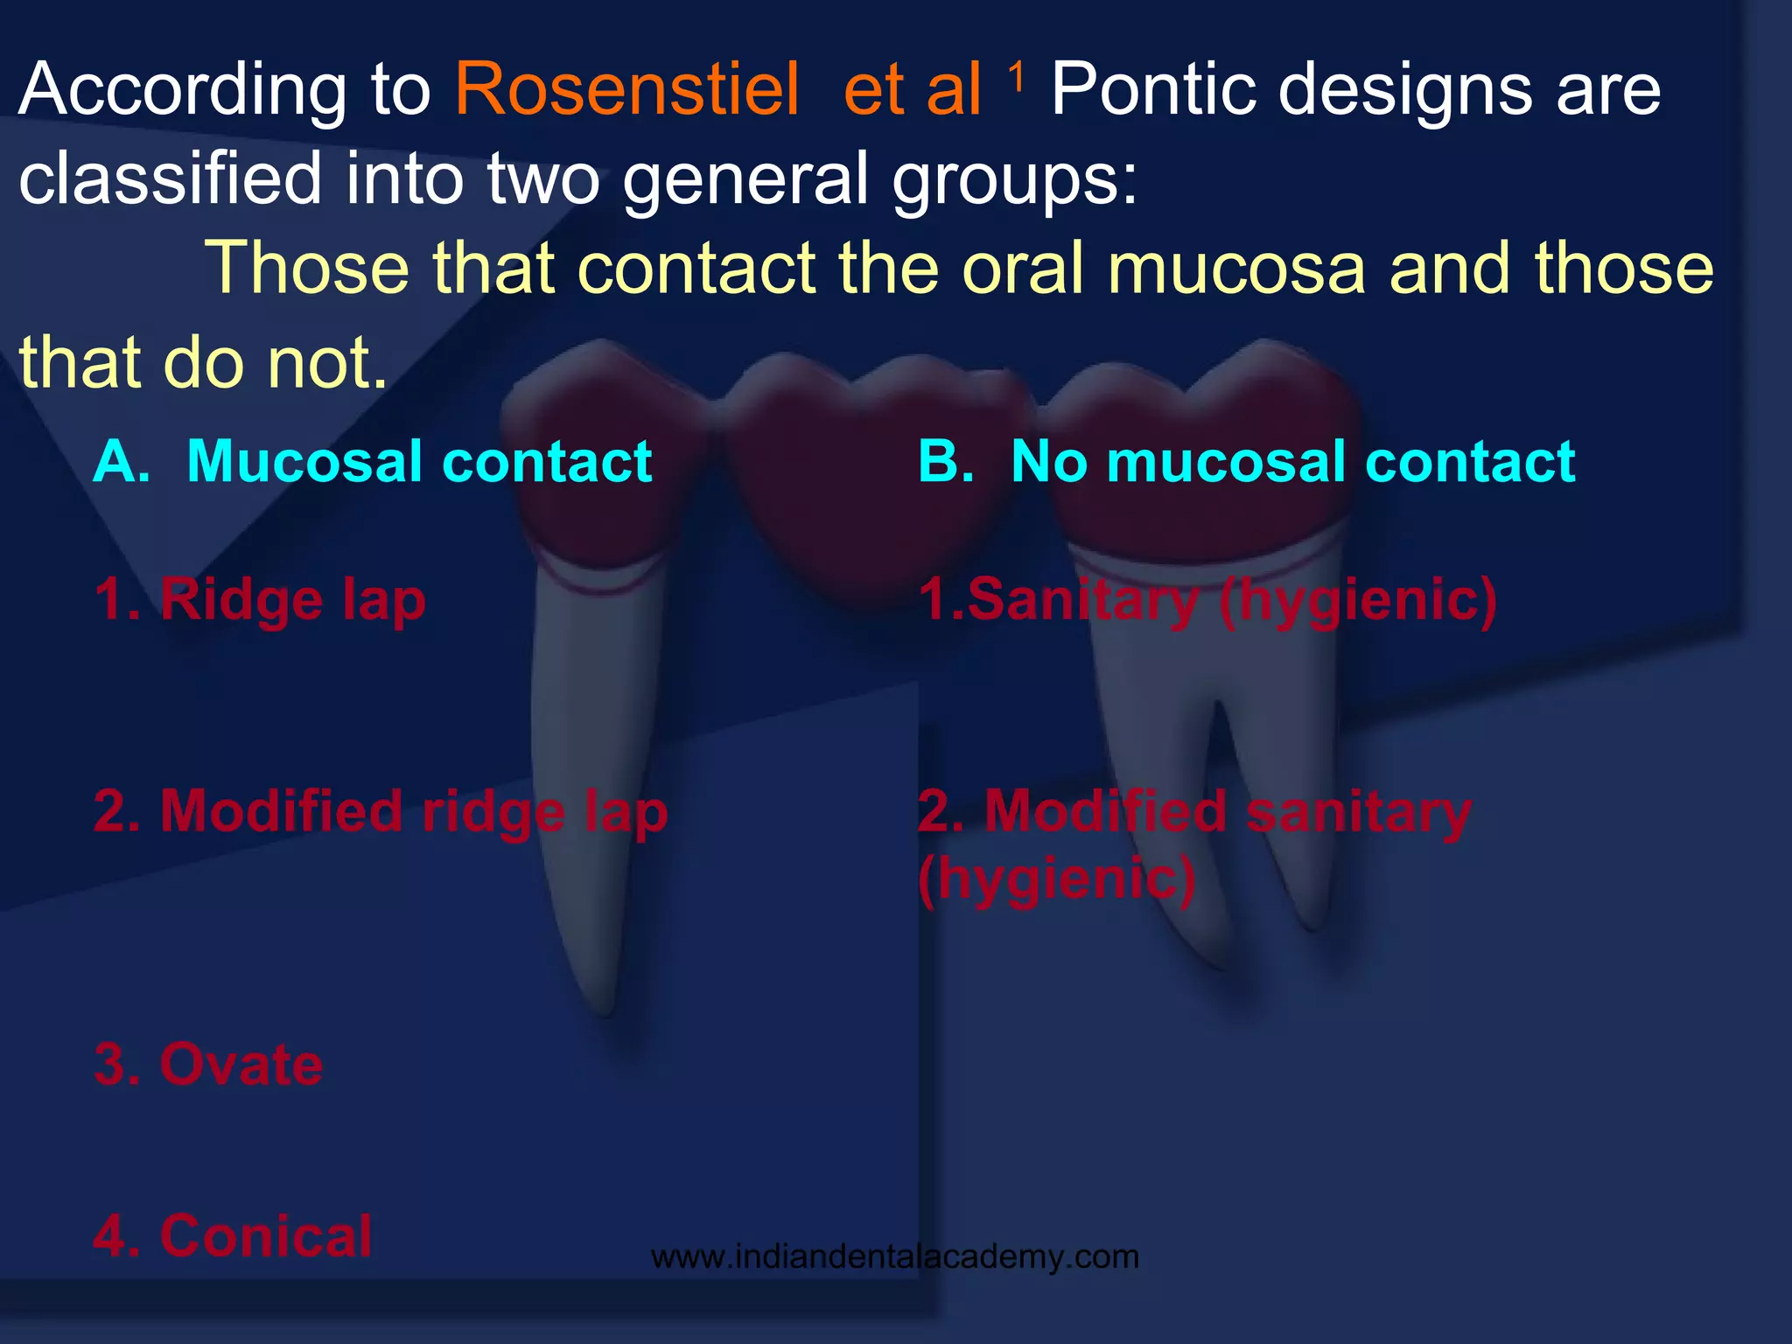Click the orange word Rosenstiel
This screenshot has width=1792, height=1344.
pyautogui.click(x=626, y=90)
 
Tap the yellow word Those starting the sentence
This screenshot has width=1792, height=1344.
pyautogui.click(x=306, y=268)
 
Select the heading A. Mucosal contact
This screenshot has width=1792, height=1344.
pyautogui.click(x=373, y=461)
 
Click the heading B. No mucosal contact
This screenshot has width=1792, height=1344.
pyautogui.click(x=1246, y=461)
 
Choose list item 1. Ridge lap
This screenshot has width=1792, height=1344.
pyautogui.click(x=260, y=601)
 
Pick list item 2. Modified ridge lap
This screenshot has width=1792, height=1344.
pyautogui.click(x=381, y=812)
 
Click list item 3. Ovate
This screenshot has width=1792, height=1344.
pyautogui.click(x=208, y=1065)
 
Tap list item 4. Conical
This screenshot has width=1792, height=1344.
pyautogui.click(x=233, y=1235)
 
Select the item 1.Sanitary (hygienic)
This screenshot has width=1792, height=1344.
pyautogui.click(x=1207, y=601)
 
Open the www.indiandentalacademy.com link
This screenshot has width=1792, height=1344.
pyautogui.click(x=894, y=1257)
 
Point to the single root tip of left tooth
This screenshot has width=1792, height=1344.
pyautogui.click(x=604, y=1006)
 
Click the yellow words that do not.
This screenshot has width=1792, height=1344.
pyautogui.click(x=203, y=362)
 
